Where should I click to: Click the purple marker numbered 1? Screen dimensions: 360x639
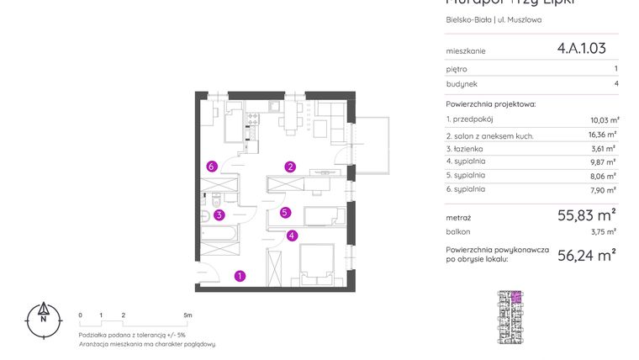pyautogui.click(x=240, y=275)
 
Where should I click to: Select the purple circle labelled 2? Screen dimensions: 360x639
pyautogui.click(x=290, y=167)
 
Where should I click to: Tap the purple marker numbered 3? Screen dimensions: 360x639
pyautogui.click(x=219, y=214)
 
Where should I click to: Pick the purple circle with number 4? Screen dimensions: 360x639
pyautogui.click(x=291, y=236)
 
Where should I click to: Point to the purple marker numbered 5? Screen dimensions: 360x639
pyautogui.click(x=286, y=213)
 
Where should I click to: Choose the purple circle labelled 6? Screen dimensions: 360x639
pyautogui.click(x=212, y=167)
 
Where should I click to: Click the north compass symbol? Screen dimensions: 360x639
pyautogui.click(x=42, y=319)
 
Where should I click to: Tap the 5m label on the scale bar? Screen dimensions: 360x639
pyautogui.click(x=187, y=315)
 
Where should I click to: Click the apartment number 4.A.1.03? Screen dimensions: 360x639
pyautogui.click(x=581, y=49)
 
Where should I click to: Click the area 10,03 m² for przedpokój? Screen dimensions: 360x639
pyautogui.click(x=604, y=120)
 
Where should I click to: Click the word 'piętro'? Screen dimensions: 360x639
pyautogui.click(x=457, y=69)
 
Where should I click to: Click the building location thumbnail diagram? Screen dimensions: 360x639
pyautogui.click(x=510, y=317)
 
